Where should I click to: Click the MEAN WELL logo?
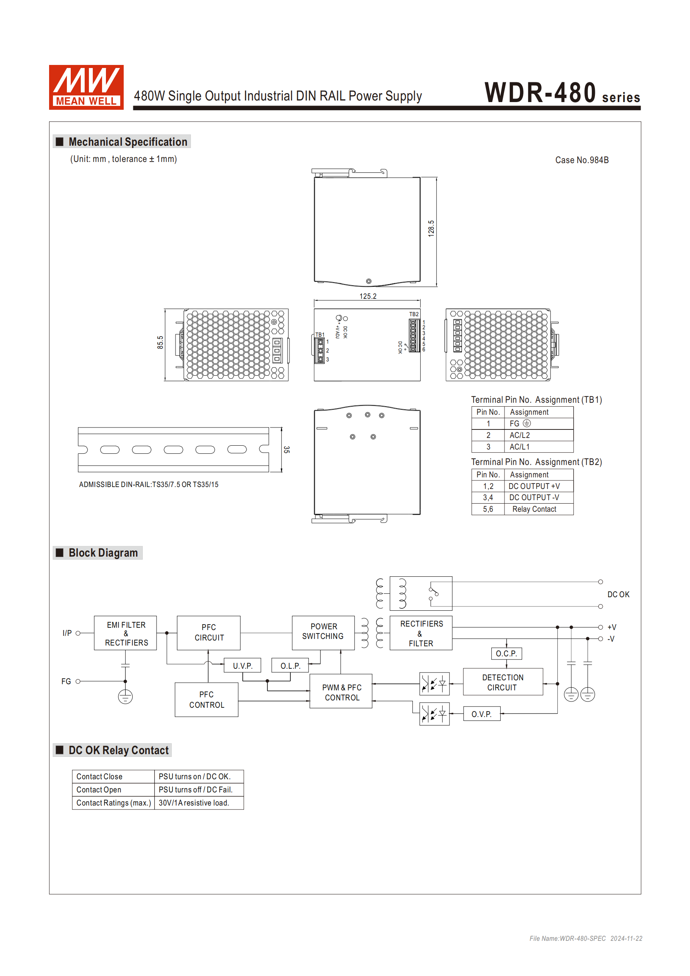point(86,87)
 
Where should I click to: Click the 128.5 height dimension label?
point(431,228)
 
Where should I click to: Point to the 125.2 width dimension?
point(368,296)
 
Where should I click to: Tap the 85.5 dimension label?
point(160,342)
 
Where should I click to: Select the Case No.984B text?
point(582,160)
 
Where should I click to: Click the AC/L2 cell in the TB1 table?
point(520,435)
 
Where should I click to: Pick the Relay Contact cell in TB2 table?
point(534,509)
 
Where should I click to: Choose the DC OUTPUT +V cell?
point(534,486)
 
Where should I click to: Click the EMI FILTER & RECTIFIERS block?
point(126,634)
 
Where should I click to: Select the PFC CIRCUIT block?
point(209,633)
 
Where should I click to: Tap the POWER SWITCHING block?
point(323,632)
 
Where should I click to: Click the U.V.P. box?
point(242,666)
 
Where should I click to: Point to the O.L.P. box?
point(290,666)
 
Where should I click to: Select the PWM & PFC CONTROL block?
point(341,692)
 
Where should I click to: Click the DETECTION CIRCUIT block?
point(503,682)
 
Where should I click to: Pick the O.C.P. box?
point(506,654)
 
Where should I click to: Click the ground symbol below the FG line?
point(125,697)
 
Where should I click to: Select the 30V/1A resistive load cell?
point(194,803)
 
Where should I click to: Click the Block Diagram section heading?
point(103,553)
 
